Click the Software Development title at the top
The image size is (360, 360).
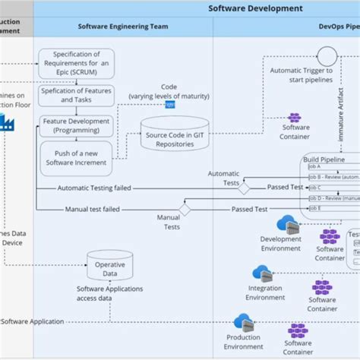[x=255, y=8]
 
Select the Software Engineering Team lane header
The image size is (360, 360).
[x=122, y=26]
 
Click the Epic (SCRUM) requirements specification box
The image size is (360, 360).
[x=74, y=62]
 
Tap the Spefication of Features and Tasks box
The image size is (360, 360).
[x=74, y=96]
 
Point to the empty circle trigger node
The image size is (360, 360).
[x=327, y=55]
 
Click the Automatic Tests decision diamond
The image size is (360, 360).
[x=244, y=187]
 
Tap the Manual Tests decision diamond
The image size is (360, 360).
[x=184, y=210]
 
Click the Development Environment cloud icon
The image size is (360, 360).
[x=287, y=223]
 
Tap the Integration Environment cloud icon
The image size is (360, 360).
[x=262, y=273]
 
